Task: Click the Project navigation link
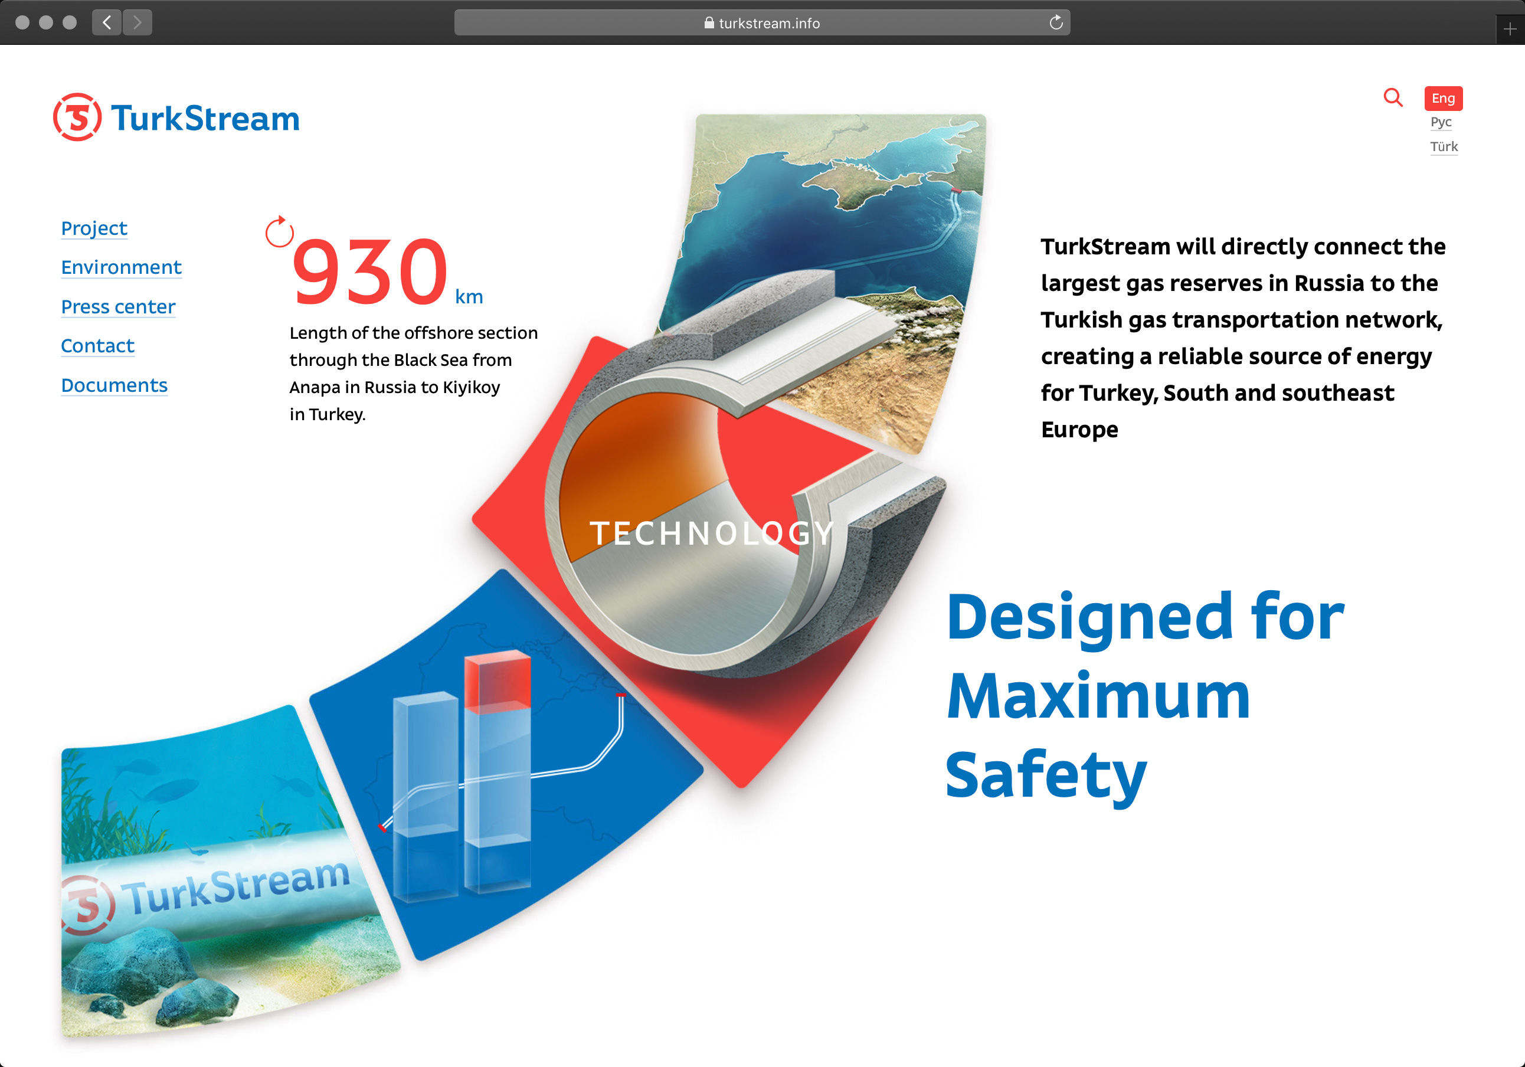94,228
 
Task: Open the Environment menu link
121,267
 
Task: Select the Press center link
118,306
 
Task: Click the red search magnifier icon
1393,97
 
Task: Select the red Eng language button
1444,99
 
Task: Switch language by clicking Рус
1441,122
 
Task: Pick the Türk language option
1444,147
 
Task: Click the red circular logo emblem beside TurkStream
78,117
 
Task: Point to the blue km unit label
469,296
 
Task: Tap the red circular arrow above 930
279,231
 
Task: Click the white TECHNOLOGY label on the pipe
711,533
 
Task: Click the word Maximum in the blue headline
1098,696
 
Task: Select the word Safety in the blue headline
1046,775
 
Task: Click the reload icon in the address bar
1056,22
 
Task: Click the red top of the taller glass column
498,682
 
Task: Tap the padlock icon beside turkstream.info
709,22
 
